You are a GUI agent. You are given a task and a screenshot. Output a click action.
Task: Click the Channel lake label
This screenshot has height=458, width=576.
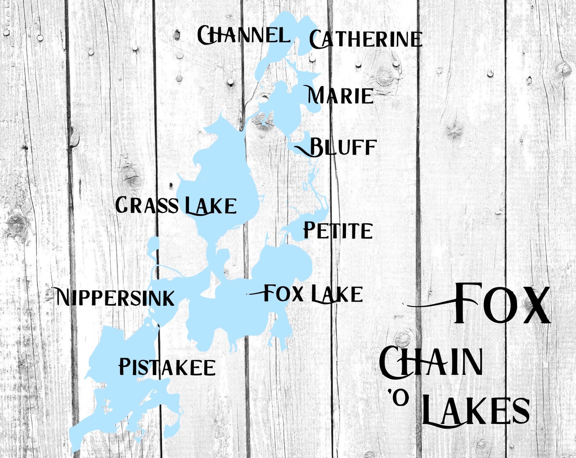[243, 35]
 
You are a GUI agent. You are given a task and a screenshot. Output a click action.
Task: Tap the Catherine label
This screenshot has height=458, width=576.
[366, 39]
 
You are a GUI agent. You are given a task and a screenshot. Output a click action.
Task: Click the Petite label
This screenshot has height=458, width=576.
[338, 230]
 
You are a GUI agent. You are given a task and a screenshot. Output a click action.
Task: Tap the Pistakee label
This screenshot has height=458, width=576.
[167, 367]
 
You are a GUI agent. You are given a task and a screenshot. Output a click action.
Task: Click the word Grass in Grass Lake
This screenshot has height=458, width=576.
[147, 205]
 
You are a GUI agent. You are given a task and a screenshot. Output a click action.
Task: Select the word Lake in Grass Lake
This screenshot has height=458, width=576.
[211, 206]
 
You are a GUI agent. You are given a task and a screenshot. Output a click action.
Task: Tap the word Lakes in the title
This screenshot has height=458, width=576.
[476, 411]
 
